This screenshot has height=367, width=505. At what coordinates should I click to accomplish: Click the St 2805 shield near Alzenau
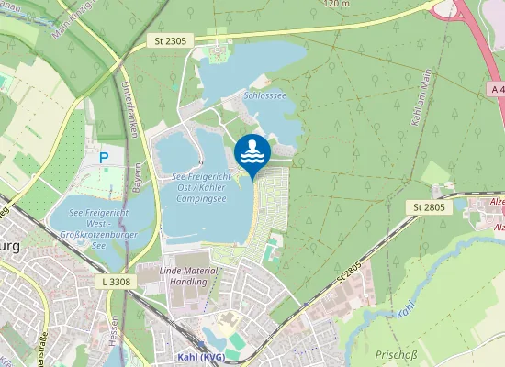[429, 207]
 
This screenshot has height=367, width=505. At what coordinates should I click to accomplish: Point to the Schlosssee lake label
[264, 95]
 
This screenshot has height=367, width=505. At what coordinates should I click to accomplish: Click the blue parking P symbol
[103, 158]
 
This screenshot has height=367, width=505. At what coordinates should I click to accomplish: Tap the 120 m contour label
[337, 4]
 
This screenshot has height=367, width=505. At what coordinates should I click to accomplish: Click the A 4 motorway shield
[496, 89]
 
